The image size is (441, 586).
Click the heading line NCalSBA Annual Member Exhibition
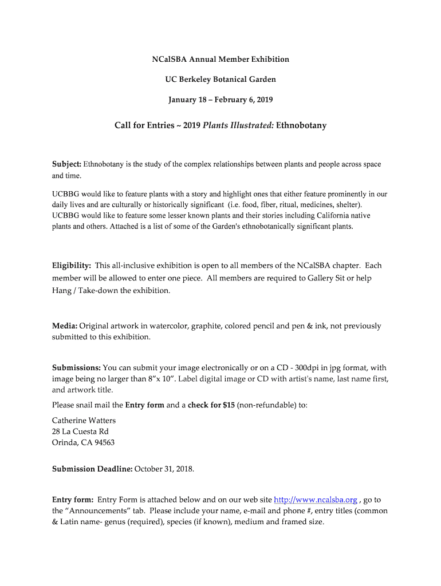[220, 60]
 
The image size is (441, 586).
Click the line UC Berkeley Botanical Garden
[220, 80]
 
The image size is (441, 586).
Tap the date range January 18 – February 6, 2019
[220, 100]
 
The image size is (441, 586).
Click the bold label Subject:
[66, 164]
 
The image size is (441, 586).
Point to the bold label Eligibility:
[72, 266]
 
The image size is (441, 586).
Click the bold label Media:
[65, 326]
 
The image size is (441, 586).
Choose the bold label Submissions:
[77, 368]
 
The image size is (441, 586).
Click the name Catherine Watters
[84, 421]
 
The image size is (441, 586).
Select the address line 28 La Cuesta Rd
[80, 431]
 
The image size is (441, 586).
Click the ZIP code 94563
[103, 442]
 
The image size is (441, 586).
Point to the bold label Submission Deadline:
[92, 469]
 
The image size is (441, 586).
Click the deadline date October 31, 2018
[164, 469]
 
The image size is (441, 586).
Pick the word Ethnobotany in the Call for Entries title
[301, 125]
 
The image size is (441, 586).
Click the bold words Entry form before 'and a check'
[144, 405]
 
